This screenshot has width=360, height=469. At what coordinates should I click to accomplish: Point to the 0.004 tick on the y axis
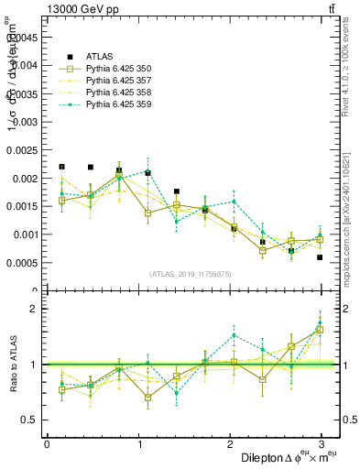click(x=25, y=65)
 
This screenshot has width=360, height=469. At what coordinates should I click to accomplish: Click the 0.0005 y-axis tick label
click(x=22, y=263)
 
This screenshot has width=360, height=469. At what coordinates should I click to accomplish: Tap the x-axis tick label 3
click(x=322, y=444)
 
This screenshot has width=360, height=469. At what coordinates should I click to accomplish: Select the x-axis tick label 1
click(x=138, y=444)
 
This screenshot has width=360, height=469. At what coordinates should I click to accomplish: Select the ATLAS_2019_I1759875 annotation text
click(x=190, y=273)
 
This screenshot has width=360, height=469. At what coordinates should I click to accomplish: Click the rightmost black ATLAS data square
click(x=321, y=257)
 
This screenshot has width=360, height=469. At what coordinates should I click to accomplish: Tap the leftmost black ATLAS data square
click(x=61, y=167)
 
